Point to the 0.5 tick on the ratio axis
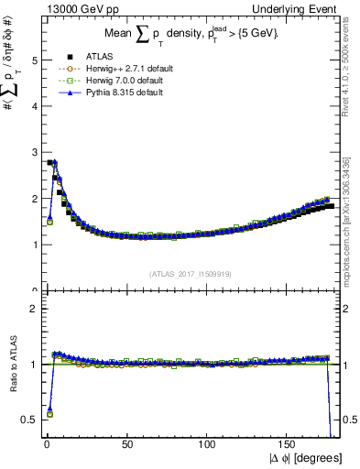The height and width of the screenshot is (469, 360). [x=30, y=420]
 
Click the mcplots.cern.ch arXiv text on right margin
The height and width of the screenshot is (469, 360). [x=349, y=220]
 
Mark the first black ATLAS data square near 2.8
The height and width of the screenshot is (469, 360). [x=49, y=162]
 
